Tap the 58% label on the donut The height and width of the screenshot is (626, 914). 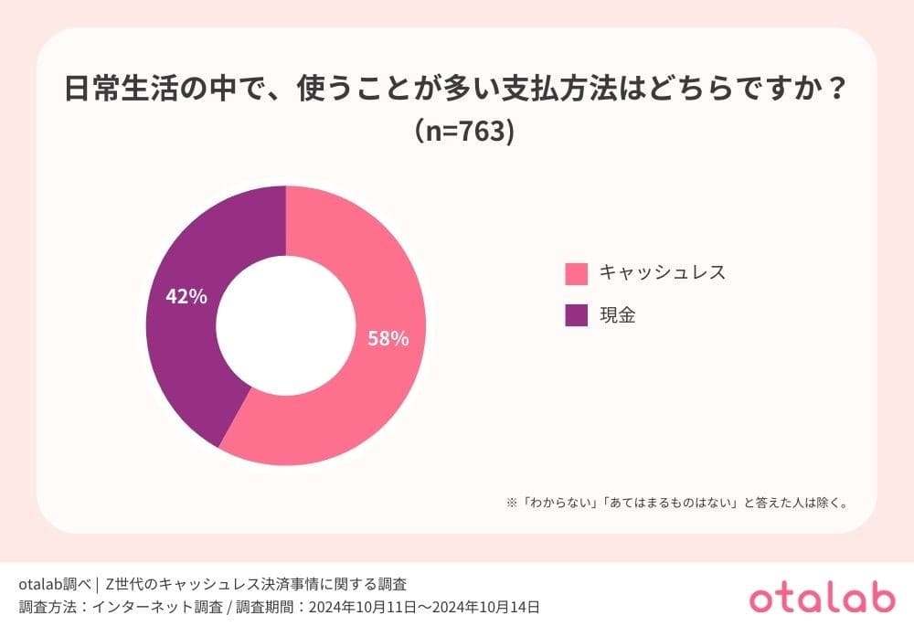point(388,338)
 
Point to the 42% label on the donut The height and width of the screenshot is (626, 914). point(186,296)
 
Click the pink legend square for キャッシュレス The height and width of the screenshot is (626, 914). point(577,273)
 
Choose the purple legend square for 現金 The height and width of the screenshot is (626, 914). point(577,316)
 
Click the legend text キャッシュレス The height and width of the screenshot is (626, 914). point(662,272)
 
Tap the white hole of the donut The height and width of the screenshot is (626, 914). point(285,325)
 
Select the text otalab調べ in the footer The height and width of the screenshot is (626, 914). point(54,583)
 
